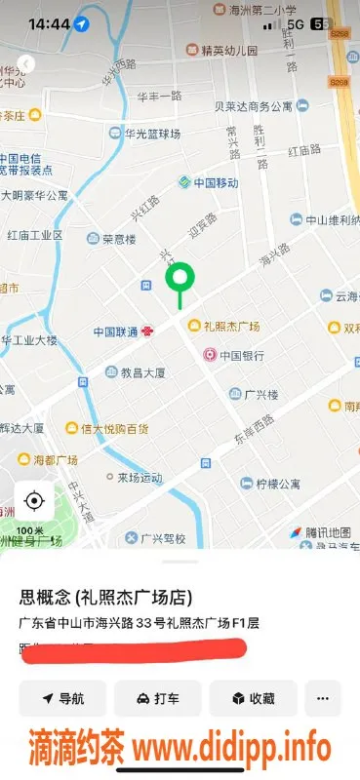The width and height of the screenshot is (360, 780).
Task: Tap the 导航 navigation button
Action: coord(62,698)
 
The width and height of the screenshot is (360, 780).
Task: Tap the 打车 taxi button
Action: coord(157,698)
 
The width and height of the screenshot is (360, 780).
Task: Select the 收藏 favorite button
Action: coord(252,698)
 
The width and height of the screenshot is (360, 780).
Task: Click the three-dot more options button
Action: coord(323,698)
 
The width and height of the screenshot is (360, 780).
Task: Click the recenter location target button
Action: coord(34,501)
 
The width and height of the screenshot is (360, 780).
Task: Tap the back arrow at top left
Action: coord(26,63)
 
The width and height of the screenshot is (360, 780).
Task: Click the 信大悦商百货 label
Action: coord(115,428)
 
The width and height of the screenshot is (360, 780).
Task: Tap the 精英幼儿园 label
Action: coord(229,50)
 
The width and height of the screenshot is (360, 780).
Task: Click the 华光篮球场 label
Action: coord(132,134)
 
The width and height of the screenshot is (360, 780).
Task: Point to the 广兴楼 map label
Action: coord(261,394)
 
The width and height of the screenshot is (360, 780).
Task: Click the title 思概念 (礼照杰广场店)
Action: coord(105,597)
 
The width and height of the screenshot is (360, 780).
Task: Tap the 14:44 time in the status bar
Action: coord(49,23)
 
